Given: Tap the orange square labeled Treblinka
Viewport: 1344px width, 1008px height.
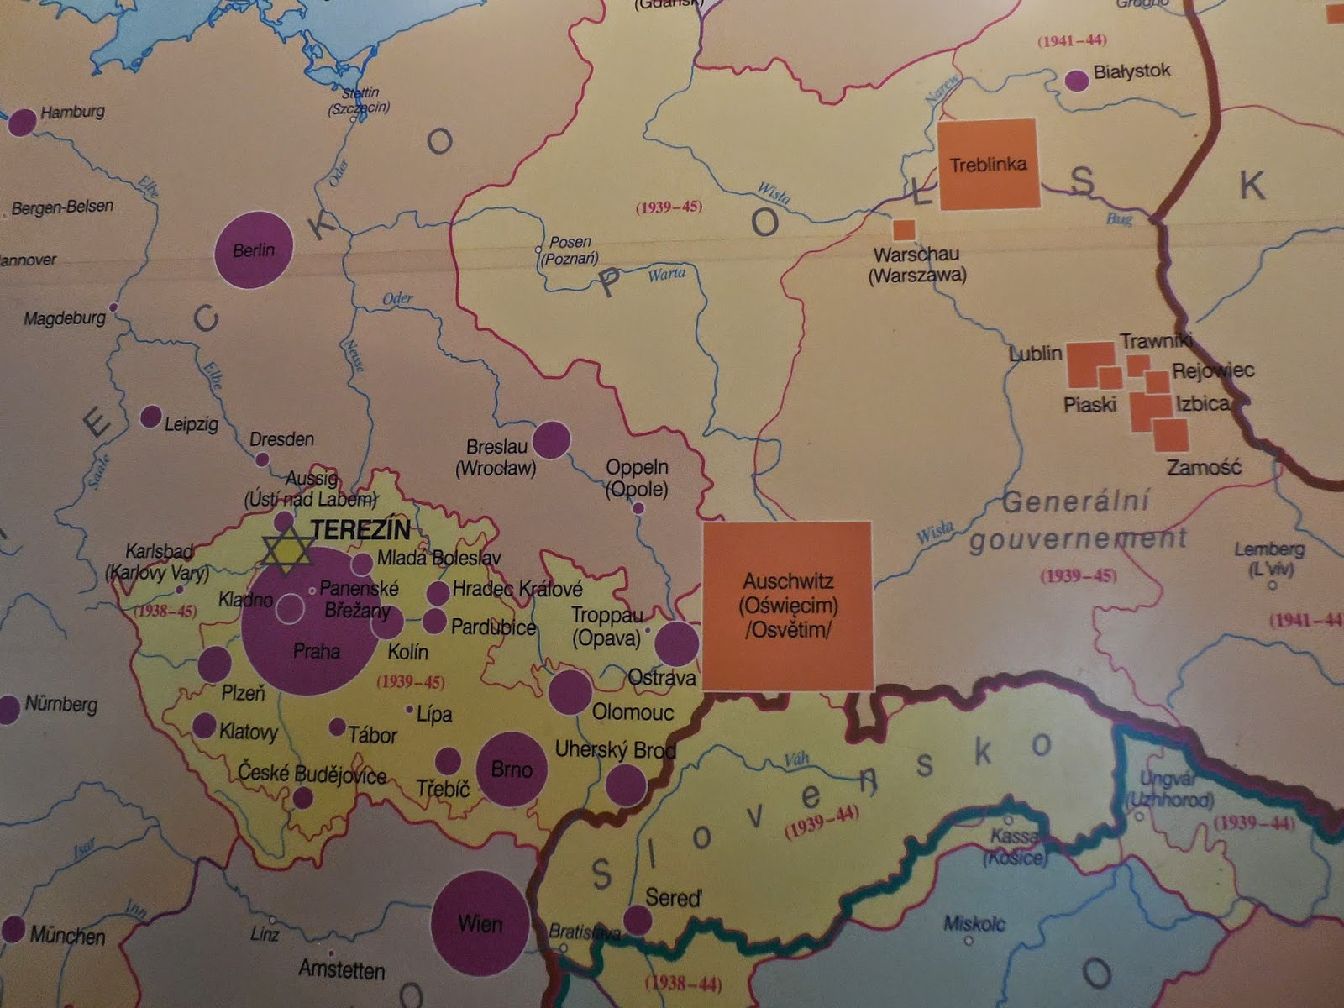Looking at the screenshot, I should coord(988,165).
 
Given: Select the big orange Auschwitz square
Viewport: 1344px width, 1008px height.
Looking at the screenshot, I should coord(787,605).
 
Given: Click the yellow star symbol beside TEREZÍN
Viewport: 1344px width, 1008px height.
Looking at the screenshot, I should coord(286,551).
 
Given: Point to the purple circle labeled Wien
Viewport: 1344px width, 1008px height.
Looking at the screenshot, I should coord(480,922).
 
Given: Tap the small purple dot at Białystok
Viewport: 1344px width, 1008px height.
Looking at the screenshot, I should coord(1076,81).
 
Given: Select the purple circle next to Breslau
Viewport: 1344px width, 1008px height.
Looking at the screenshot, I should coord(551,439).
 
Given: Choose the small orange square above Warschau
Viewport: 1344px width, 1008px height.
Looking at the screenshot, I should coord(904,229).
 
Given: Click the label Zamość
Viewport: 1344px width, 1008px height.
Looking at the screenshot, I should coord(1204,468).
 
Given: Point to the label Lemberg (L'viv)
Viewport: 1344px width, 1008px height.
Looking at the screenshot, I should coord(1269,559).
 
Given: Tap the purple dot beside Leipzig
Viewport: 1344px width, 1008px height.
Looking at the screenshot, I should coord(151,416).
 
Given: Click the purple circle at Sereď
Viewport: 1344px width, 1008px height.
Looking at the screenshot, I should coord(638,920).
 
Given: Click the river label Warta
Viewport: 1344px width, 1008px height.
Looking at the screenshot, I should coord(666,274).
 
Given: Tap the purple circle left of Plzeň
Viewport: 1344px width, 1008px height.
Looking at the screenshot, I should coord(214,664).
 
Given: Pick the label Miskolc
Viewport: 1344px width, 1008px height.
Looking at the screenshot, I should coord(974,923).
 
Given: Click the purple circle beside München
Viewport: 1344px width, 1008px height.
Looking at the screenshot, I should coord(13,929).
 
